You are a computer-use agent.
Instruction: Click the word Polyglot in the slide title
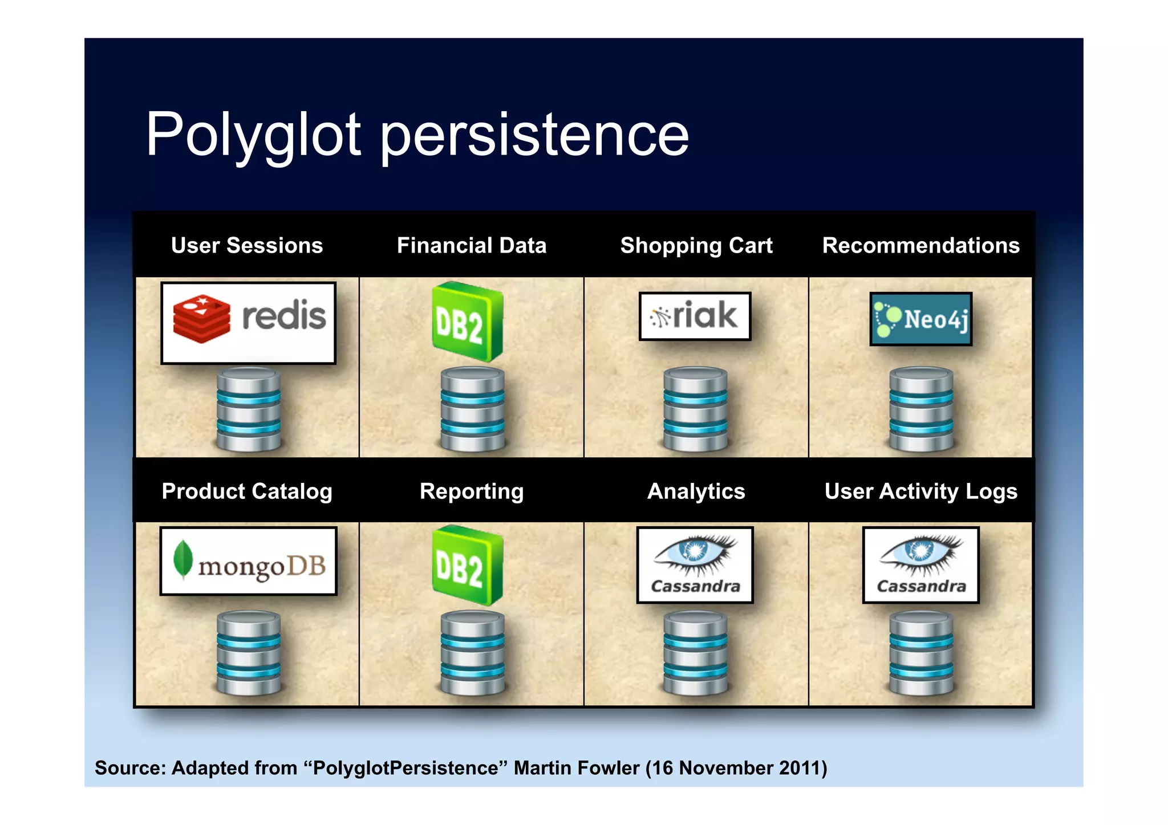pos(253,135)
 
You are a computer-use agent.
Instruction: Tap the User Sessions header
pos(246,245)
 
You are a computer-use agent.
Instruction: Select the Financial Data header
pos(472,245)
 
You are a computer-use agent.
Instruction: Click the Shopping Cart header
pos(696,245)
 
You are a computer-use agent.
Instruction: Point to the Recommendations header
pos(920,245)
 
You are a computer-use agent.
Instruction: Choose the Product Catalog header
pos(246,491)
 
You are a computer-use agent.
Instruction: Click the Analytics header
pos(696,491)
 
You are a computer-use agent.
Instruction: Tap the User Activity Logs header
pos(920,491)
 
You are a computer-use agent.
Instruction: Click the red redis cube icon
pos(201,319)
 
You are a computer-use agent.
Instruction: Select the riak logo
pos(695,316)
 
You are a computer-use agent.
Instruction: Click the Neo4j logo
pos(920,319)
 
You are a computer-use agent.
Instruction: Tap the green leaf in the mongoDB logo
pos(182,558)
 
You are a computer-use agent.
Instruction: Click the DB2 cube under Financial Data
pos(468,322)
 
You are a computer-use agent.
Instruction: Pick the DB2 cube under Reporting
pos(468,566)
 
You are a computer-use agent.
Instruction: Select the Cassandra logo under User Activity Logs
pos(920,564)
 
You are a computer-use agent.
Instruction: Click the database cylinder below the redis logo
pos(249,409)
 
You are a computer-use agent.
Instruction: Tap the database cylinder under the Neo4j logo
pos(920,409)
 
